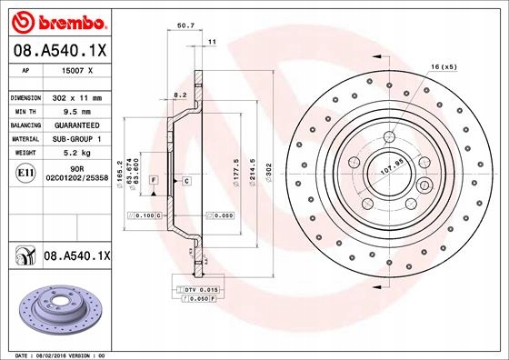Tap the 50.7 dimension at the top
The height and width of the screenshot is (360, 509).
click(x=185, y=26)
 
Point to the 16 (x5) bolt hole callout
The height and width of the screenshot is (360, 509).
click(x=443, y=68)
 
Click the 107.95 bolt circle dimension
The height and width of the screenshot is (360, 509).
click(x=390, y=168)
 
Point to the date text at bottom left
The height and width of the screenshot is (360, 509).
click(x=55, y=354)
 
